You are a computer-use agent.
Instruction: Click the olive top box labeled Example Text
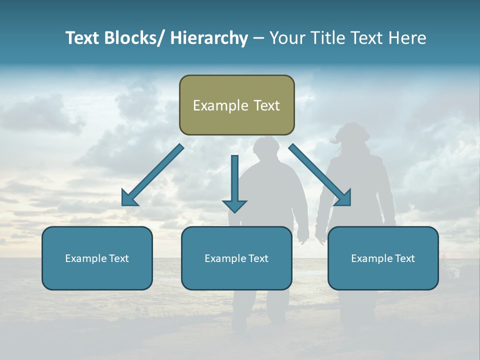coord(236,105)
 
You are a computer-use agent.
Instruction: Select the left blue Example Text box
coord(97,258)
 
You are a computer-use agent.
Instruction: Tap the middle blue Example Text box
coord(236,258)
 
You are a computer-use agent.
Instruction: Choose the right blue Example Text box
coord(383,258)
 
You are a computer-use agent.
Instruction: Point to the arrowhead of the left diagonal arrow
coord(128,199)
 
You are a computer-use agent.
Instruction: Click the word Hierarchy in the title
coord(209,38)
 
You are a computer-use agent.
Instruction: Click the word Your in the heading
coord(286,38)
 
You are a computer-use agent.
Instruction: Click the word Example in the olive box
coord(220,105)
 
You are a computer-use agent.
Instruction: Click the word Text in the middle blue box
coord(258,258)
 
